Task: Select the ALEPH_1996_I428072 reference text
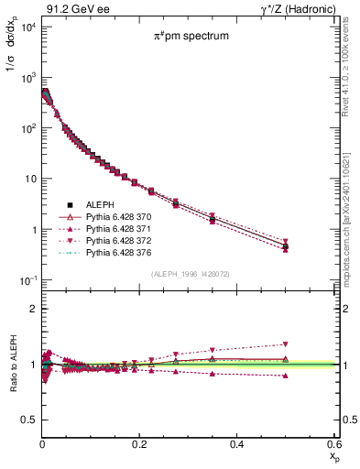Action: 191,274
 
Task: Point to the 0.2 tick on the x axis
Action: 139,442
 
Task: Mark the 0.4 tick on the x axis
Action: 236,442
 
